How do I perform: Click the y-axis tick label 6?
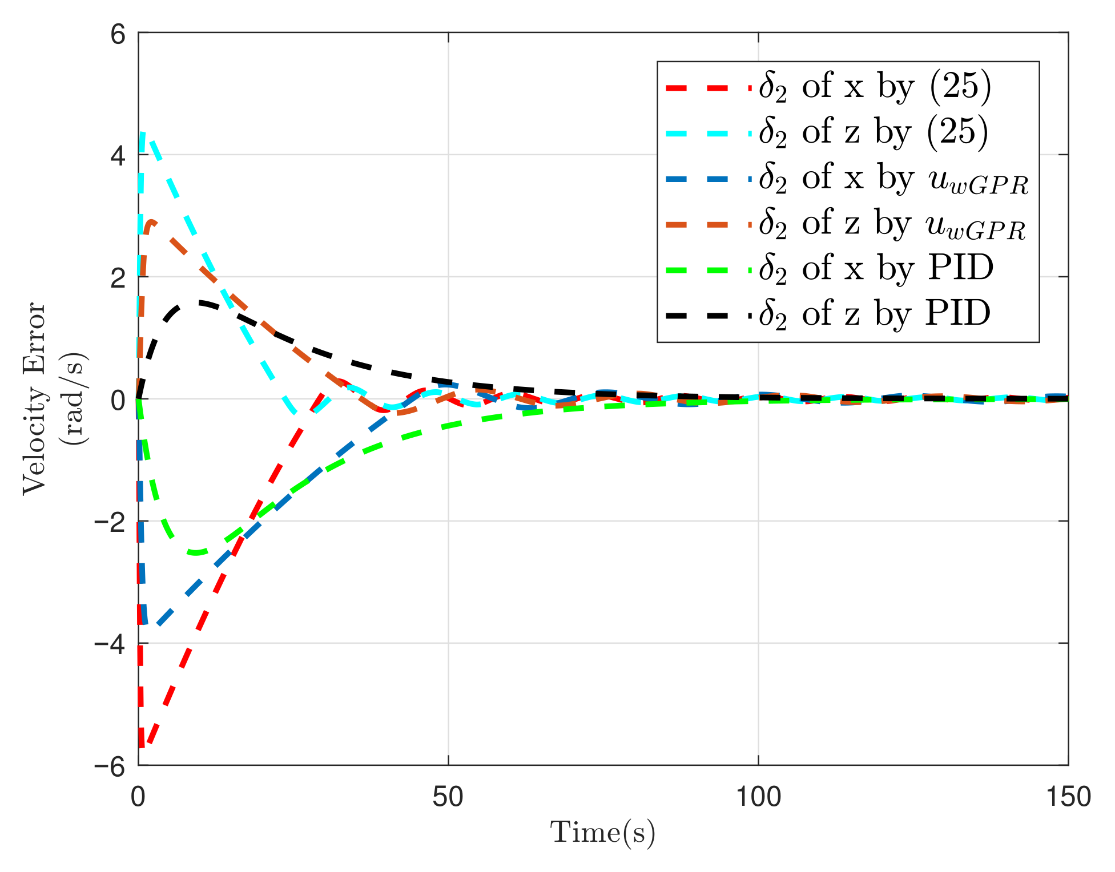117,35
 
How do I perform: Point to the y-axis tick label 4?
117,156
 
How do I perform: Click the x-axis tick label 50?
448,797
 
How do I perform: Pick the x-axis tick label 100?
758,797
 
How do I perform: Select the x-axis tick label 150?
1068,797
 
